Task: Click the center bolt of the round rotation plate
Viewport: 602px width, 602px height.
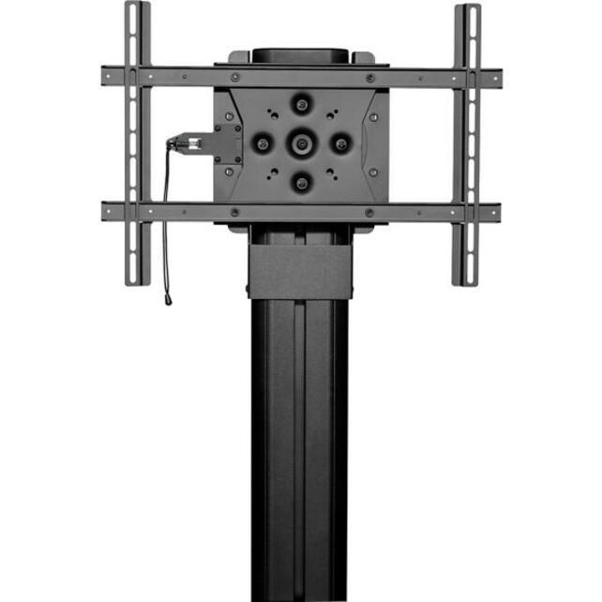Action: click(301, 143)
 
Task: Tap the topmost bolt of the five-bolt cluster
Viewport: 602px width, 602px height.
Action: click(301, 103)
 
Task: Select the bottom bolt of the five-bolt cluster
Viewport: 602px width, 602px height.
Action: click(301, 183)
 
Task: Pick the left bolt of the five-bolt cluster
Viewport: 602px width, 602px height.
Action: click(263, 143)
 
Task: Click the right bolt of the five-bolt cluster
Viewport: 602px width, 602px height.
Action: click(340, 143)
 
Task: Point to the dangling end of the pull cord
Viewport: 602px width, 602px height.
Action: click(168, 300)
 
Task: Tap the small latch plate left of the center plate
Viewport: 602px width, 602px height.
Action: click(225, 143)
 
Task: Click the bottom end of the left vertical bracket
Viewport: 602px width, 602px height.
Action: click(137, 279)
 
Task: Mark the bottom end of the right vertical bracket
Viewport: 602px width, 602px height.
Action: click(466, 279)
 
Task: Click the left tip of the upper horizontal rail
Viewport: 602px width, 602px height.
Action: click(105, 76)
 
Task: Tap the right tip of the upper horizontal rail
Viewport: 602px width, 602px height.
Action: click(498, 76)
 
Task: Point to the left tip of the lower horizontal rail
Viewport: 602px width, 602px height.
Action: click(105, 212)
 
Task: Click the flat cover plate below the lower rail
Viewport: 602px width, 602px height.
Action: click(300, 272)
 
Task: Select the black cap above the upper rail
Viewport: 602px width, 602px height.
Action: click(300, 55)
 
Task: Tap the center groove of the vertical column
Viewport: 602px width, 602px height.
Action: click(300, 450)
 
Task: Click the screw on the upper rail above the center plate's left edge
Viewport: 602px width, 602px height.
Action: click(233, 77)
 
